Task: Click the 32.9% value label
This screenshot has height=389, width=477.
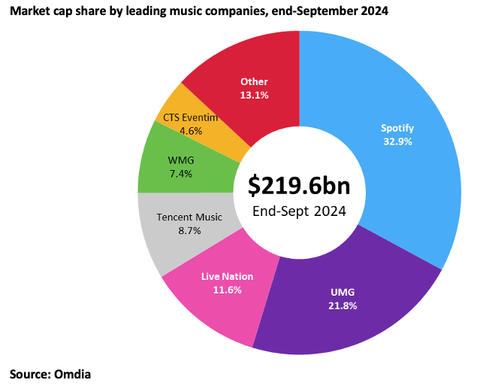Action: coord(397,141)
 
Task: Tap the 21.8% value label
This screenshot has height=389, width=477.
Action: coord(342,305)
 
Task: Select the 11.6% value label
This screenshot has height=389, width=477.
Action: coord(227,289)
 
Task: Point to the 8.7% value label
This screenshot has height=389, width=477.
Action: coord(189,231)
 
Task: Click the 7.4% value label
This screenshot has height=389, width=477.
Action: coord(181,174)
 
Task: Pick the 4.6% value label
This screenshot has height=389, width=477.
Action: coord(191,130)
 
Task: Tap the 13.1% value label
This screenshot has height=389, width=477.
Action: coord(254,95)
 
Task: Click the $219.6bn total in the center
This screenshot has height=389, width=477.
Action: coord(300,186)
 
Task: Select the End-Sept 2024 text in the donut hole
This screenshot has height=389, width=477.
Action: coord(300,211)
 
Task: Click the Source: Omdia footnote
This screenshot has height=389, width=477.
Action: coord(50,372)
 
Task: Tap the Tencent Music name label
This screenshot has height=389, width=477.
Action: coord(189,217)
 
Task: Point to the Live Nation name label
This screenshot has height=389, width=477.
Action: coord(227,276)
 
